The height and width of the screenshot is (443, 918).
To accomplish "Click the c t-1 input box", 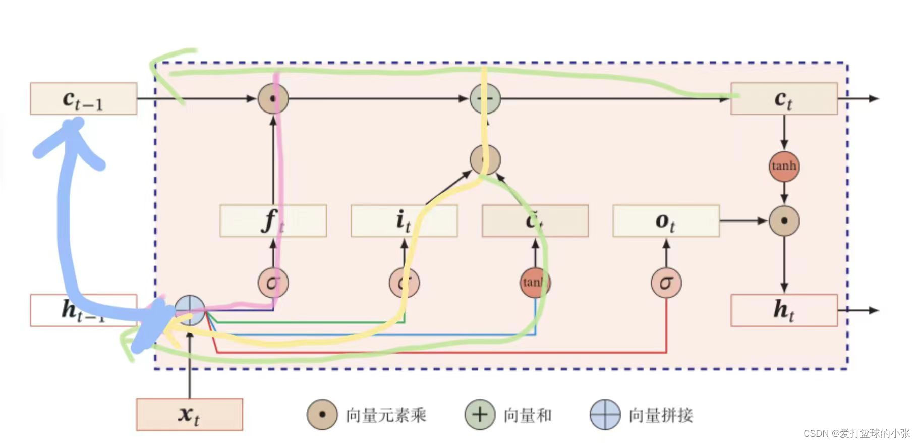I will click(x=83, y=98).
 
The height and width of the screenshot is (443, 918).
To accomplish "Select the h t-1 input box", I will click(x=83, y=310).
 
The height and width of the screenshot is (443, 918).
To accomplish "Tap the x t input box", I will click(x=189, y=414).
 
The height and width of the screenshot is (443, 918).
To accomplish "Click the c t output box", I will click(x=784, y=98).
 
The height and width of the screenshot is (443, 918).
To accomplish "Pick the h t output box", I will click(x=784, y=310).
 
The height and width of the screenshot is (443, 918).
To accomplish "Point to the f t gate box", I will click(x=273, y=220).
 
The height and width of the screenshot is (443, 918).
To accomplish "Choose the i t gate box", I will click(x=404, y=220).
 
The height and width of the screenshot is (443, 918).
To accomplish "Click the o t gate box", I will click(x=666, y=220).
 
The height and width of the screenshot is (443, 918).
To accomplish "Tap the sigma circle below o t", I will click(x=666, y=283).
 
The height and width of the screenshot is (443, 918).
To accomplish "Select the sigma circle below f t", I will click(x=273, y=283).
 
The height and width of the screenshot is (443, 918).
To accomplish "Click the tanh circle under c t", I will click(x=784, y=166).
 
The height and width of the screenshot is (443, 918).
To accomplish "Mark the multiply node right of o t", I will click(x=784, y=220).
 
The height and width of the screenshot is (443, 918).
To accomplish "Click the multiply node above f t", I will click(x=273, y=98).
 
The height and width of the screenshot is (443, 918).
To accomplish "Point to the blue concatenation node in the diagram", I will click(x=190, y=310).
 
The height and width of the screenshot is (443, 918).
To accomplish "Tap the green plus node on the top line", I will click(x=485, y=98).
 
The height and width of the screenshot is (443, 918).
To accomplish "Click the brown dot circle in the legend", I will click(x=322, y=415).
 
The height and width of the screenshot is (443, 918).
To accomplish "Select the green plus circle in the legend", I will click(x=480, y=415).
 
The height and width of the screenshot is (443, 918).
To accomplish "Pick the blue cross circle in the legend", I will click(x=605, y=415).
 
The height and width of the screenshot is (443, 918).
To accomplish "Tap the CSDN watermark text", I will click(x=856, y=433).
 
